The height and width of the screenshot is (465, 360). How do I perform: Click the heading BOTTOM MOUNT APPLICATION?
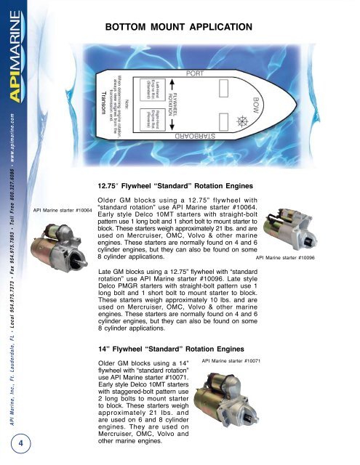(x=179, y=28)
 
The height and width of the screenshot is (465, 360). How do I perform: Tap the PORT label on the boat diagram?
(x=194, y=74)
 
